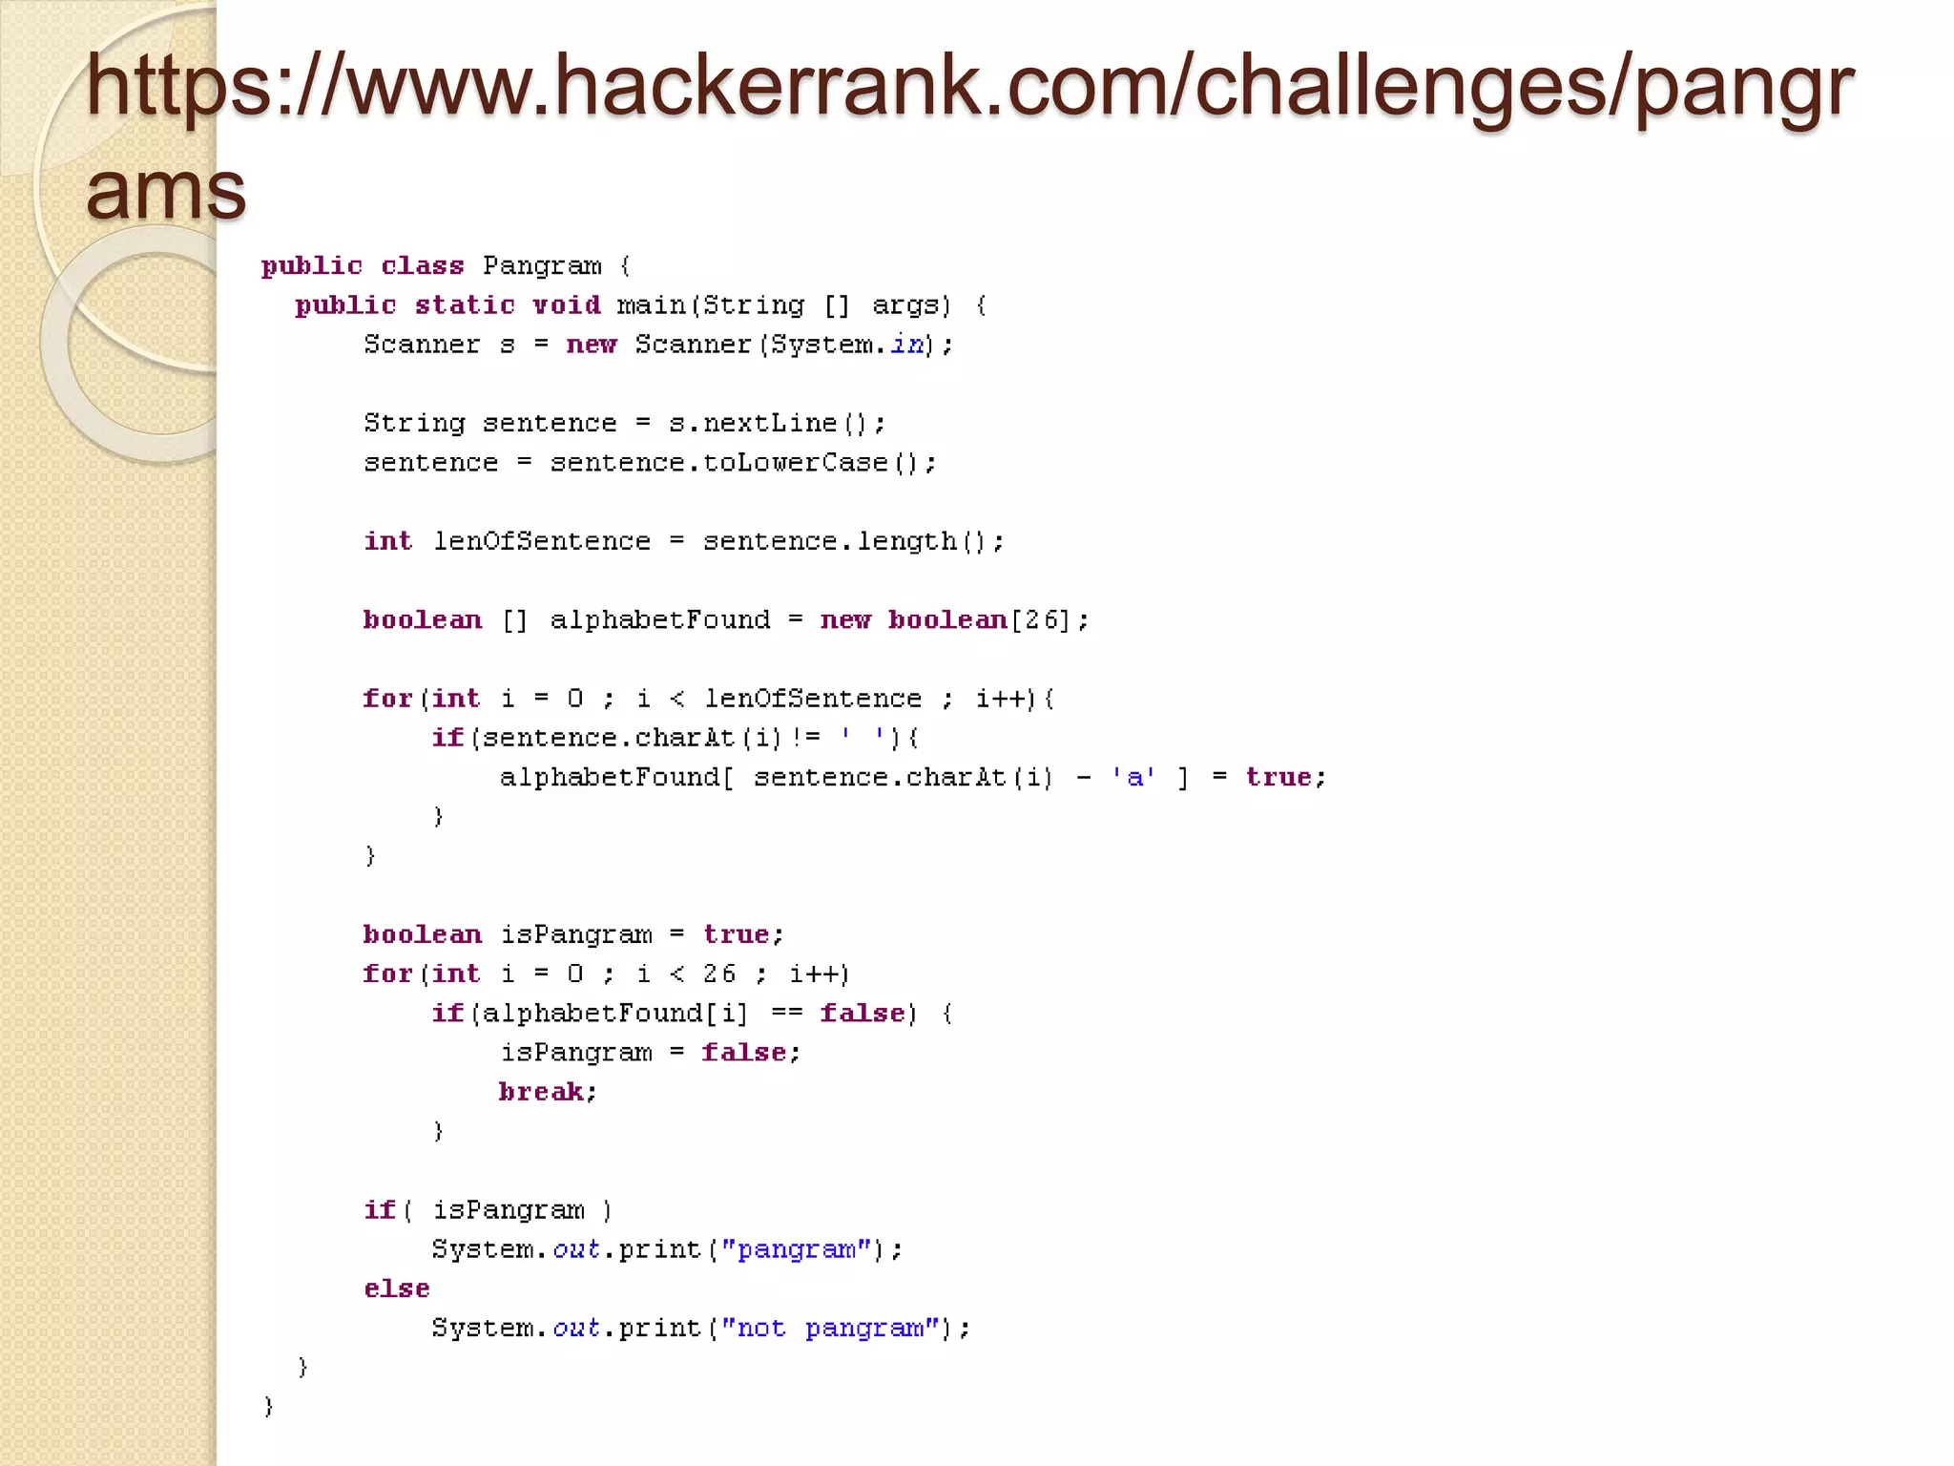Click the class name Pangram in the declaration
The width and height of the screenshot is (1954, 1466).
click(542, 265)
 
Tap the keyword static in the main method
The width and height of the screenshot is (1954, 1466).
click(465, 305)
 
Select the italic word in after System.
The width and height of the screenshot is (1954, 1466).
click(907, 345)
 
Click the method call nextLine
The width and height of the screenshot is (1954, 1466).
click(770, 423)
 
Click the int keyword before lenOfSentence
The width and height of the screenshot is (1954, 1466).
click(387, 541)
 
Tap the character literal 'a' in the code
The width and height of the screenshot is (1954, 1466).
click(1133, 778)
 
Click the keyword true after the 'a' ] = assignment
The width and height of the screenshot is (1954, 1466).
click(1278, 778)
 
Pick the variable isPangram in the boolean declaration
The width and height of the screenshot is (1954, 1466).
click(576, 934)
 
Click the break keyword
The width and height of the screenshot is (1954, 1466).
click(541, 1092)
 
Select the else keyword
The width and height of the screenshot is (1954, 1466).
click(397, 1288)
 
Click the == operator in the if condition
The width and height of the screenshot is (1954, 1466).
click(787, 1014)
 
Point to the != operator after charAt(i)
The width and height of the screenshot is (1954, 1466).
click(805, 738)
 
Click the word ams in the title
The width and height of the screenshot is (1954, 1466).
click(166, 189)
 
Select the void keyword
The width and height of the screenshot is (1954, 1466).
click(567, 305)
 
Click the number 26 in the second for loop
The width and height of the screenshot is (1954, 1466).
click(719, 974)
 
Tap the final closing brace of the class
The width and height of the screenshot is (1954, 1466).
click(269, 1406)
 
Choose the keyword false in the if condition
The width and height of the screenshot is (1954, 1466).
click(863, 1014)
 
